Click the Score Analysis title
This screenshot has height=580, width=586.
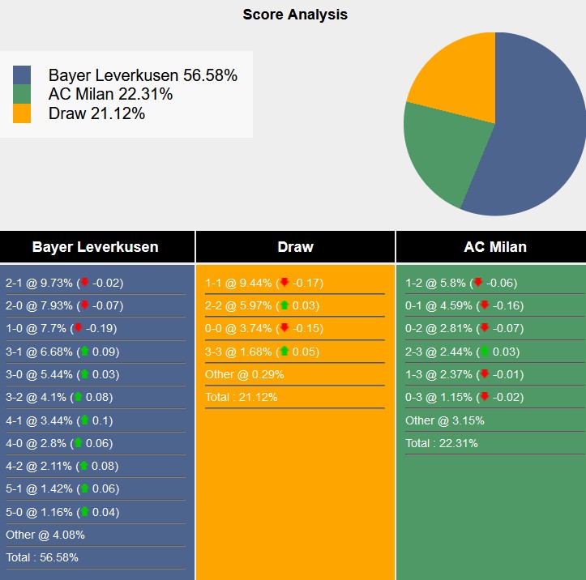click(295, 15)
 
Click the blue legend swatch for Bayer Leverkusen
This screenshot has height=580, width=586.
click(22, 75)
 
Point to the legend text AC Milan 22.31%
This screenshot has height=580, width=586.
click(110, 94)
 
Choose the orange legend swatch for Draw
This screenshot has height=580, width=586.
click(22, 113)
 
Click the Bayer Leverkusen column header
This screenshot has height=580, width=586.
click(96, 247)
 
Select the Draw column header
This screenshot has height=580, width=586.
click(295, 247)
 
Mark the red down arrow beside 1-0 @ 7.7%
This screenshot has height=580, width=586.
click(79, 329)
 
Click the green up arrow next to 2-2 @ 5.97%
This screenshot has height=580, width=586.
click(284, 305)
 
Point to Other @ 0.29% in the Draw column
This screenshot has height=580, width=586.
click(244, 374)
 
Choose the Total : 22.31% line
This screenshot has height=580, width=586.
click(442, 443)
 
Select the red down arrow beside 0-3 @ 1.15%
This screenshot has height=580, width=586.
click(485, 397)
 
